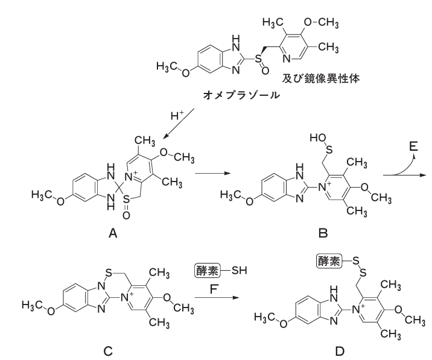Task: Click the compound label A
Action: tap(113, 233)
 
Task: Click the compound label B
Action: tap(323, 233)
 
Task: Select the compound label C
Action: tap(108, 351)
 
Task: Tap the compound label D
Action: tap(340, 351)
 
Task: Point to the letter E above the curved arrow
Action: tap(413, 147)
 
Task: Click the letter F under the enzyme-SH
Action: tap(214, 289)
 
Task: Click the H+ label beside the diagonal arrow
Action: tap(177, 116)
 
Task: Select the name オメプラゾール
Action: tap(241, 95)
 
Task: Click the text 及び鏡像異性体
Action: tap(321, 79)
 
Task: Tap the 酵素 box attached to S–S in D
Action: tap(329, 261)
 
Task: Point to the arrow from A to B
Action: tap(212, 174)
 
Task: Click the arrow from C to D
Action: tap(216, 298)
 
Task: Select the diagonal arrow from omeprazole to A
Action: tap(179, 124)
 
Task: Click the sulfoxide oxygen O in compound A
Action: tap(126, 215)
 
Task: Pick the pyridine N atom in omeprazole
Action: tap(287, 58)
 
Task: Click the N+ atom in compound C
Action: tap(127, 297)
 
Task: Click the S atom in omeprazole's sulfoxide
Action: tap(258, 58)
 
